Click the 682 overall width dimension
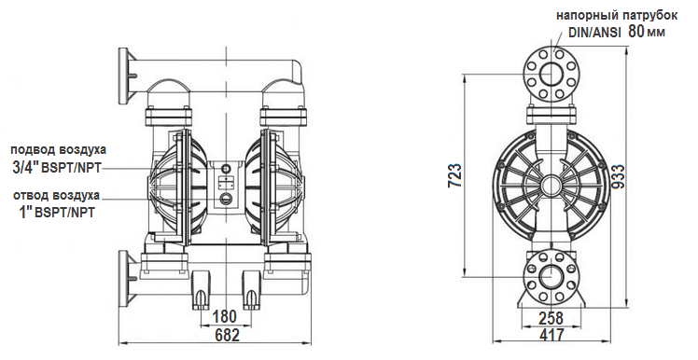coord(226,335)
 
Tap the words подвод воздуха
coord(59,149)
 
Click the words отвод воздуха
coord(57,195)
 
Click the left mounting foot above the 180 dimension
coord(201,290)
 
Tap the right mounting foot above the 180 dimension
coord(250,290)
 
